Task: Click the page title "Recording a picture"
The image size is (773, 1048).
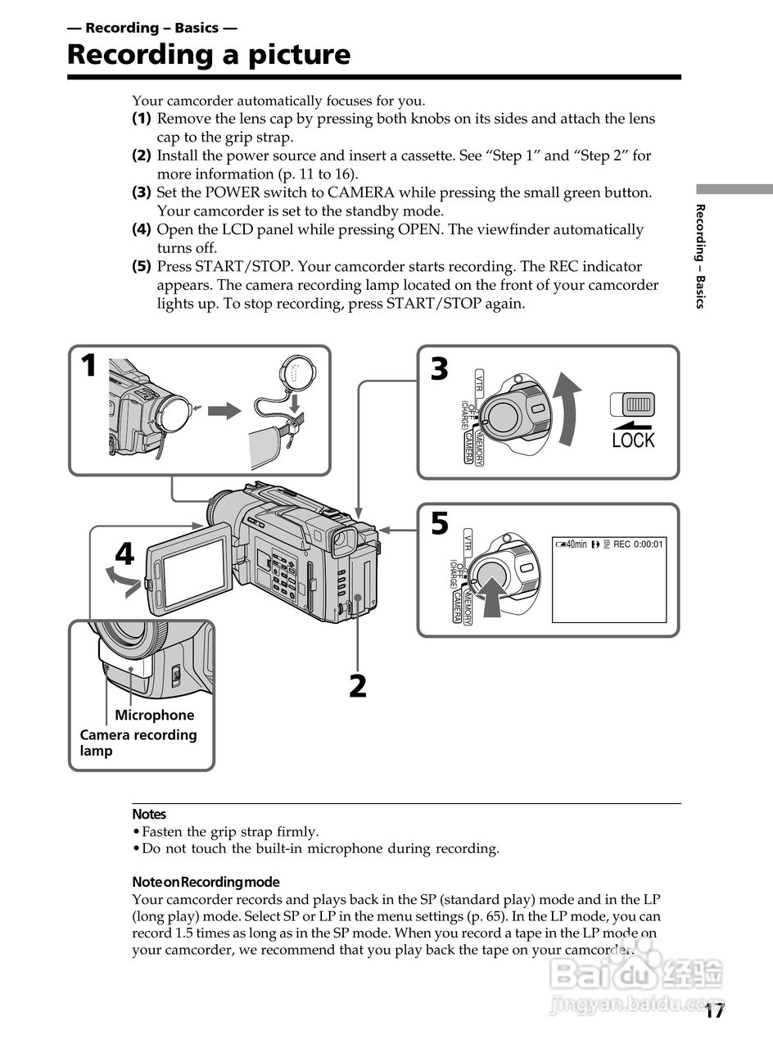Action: pos(208,55)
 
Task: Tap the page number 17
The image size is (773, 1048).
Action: pos(714,1011)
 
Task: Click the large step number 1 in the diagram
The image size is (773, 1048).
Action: pos(88,366)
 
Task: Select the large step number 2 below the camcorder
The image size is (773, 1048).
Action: pos(358,686)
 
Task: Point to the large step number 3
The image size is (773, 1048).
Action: pos(440,370)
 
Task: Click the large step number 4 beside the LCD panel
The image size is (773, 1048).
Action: pos(124,554)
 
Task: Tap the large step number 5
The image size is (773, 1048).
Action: pos(440,523)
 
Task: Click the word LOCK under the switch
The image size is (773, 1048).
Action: pos(633,440)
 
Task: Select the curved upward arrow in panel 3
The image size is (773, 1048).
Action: pos(567,409)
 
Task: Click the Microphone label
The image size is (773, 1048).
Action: pos(155,715)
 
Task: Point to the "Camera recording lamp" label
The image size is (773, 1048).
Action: pos(138,742)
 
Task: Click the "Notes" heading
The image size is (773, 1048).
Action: pos(149,814)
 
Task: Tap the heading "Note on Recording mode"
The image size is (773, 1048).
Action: pos(206,882)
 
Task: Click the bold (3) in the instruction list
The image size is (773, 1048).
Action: pos(142,192)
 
